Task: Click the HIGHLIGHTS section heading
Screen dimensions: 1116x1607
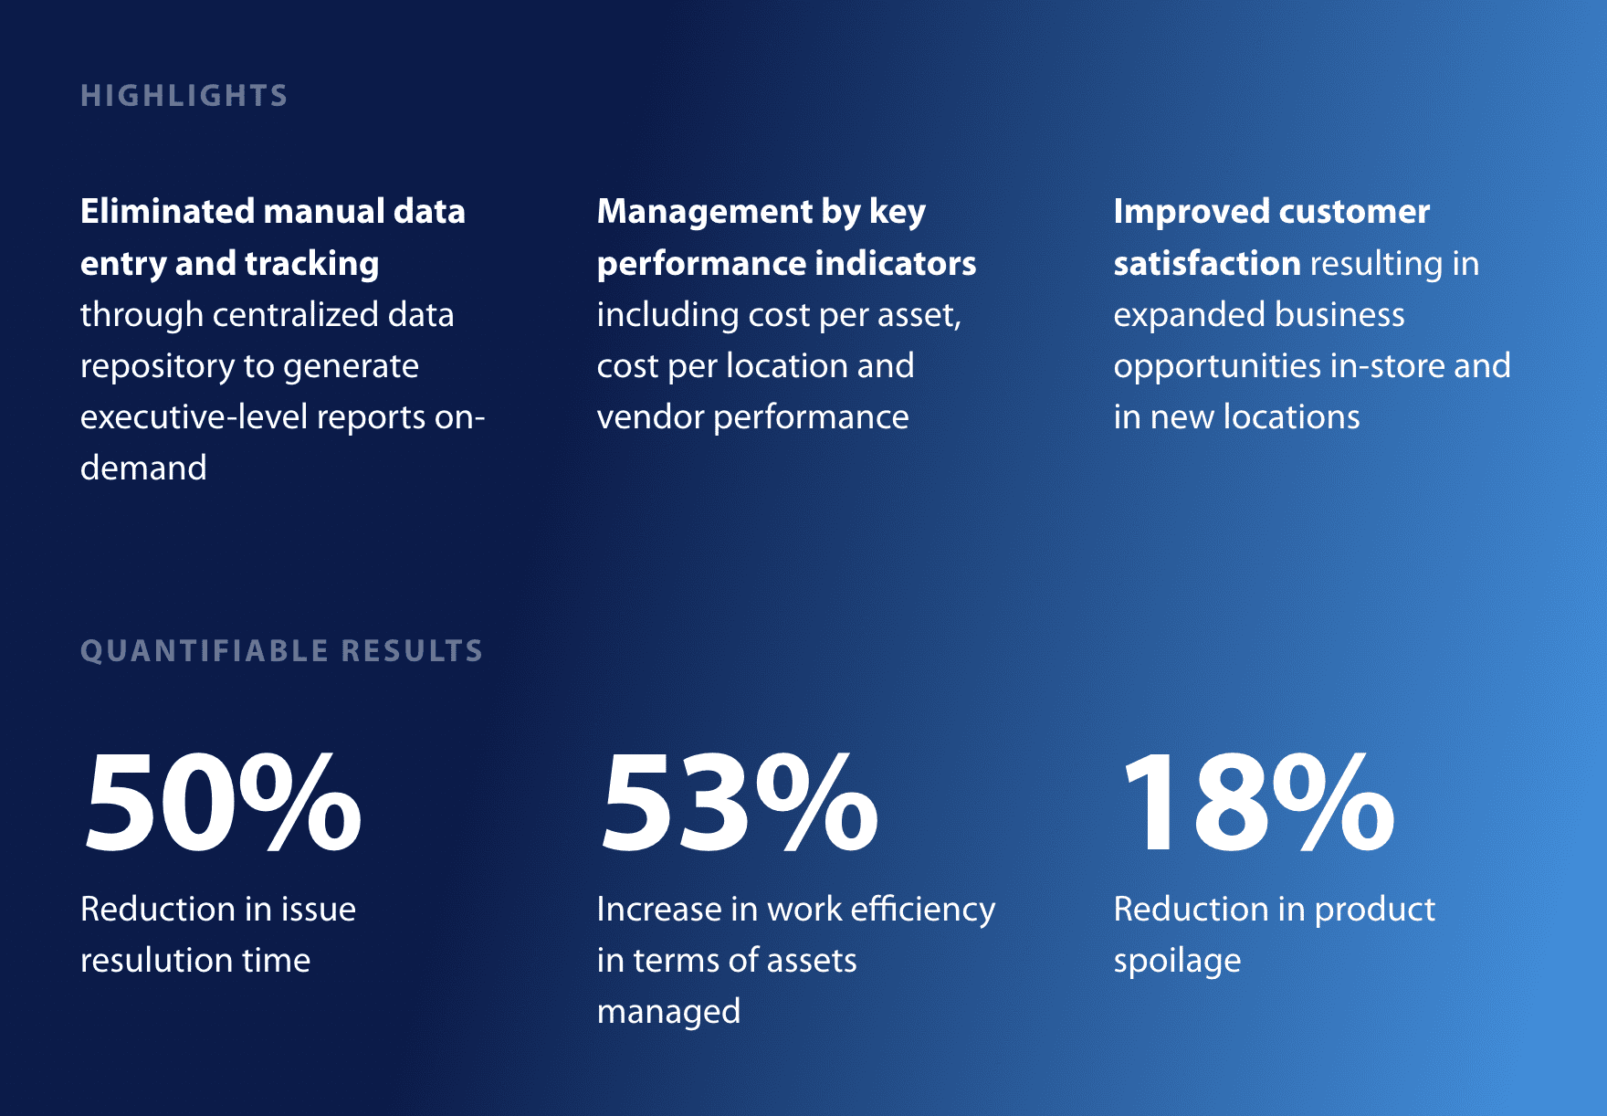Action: [x=184, y=96]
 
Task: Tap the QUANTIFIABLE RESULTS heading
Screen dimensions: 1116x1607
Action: [x=281, y=651]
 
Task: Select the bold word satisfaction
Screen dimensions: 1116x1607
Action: [x=1206, y=263]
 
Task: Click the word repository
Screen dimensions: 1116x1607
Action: [x=157, y=366]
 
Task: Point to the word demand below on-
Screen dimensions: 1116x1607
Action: [x=143, y=469]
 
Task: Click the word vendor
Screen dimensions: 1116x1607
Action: [x=649, y=417]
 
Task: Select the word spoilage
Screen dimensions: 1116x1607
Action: [x=1177, y=961]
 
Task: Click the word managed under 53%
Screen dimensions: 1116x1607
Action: [x=668, y=1012]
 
